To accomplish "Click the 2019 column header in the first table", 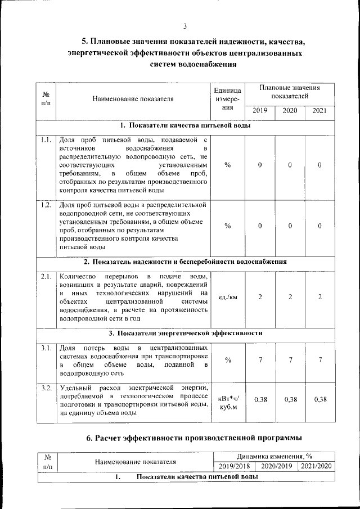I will click(259, 110).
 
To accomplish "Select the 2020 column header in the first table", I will click(290, 110).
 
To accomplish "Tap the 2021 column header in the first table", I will click(319, 110).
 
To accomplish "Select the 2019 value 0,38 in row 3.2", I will click(260, 399).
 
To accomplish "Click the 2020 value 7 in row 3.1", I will click(290, 360).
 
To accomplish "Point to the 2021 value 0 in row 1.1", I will click(319, 165).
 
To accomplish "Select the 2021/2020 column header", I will click(316, 466).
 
